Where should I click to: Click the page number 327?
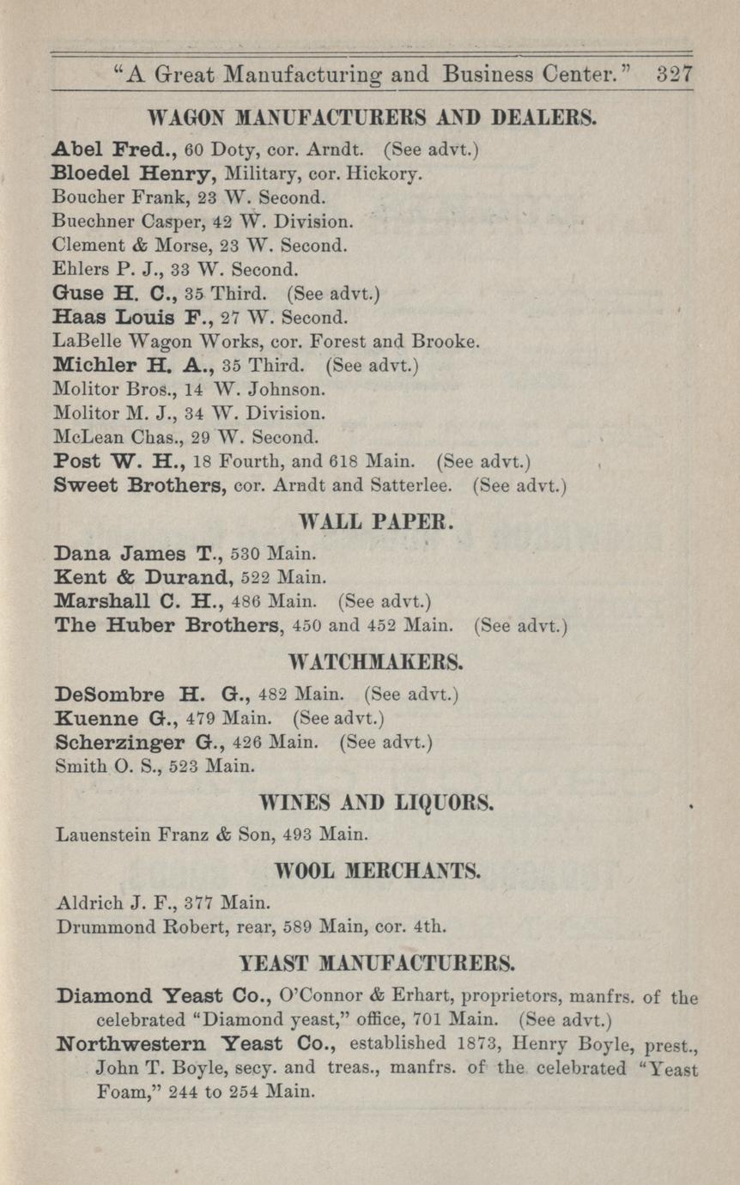coord(674,74)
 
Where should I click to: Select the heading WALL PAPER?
coord(368,521)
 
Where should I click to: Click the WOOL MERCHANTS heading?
coord(376,872)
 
